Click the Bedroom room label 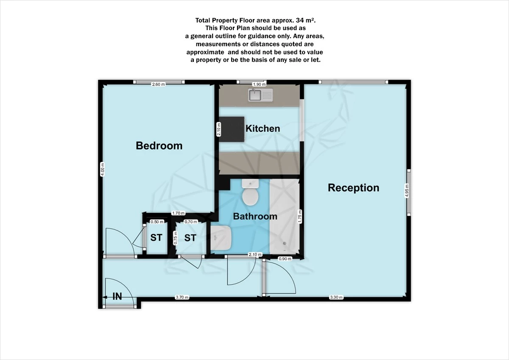pyautogui.click(x=159, y=145)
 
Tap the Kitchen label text pyautogui.click(x=263, y=128)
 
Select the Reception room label pyautogui.click(x=353, y=188)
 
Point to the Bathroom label pyautogui.click(x=255, y=216)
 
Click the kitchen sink pyautogui.click(x=260, y=95)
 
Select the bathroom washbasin pyautogui.click(x=221, y=238)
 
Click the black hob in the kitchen pyautogui.click(x=232, y=129)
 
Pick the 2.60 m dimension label pyautogui.click(x=158, y=84)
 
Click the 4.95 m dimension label pyautogui.click(x=406, y=190)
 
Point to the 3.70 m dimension pyautogui.click(x=182, y=297)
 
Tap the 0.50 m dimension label pyautogui.click(x=157, y=222)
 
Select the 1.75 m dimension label pyautogui.click(x=300, y=216)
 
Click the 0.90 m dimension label pyautogui.click(x=285, y=259)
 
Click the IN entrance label pyautogui.click(x=117, y=296)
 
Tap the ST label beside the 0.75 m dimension pyautogui.click(x=190, y=238)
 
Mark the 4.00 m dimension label pyautogui.click(x=103, y=169)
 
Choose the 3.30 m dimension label pyautogui.click(x=336, y=297)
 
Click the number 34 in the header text pyautogui.click(x=300, y=20)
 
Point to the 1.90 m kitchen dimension pyautogui.click(x=259, y=84)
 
